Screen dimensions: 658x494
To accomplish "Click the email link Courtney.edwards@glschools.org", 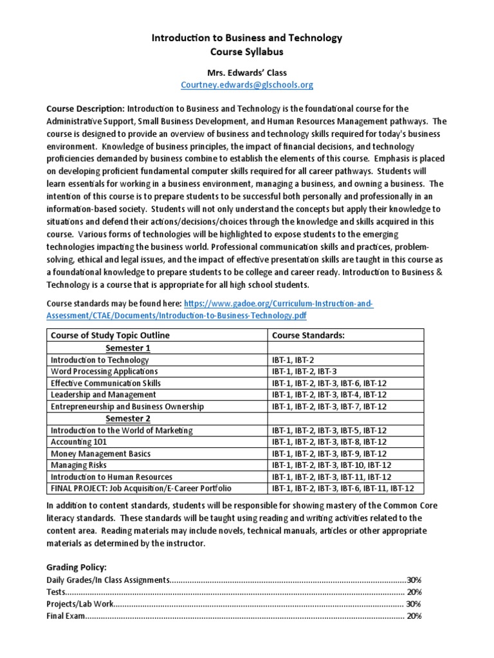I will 247,85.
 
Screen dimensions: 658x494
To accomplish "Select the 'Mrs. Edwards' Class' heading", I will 247,72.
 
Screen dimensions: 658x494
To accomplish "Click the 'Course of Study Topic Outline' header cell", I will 110,335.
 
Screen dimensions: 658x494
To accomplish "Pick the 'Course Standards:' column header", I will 299,335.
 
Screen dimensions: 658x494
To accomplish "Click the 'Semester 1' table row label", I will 127,348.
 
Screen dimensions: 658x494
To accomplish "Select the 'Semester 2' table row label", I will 127,418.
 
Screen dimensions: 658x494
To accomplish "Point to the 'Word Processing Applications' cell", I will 104,371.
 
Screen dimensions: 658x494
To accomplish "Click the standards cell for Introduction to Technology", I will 293,360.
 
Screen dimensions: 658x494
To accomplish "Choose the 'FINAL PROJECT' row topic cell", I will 141,488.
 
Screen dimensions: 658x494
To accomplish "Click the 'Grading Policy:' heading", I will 77,568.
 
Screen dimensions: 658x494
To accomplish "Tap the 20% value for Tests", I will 414,592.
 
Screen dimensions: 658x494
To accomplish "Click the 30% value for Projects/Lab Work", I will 414,603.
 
